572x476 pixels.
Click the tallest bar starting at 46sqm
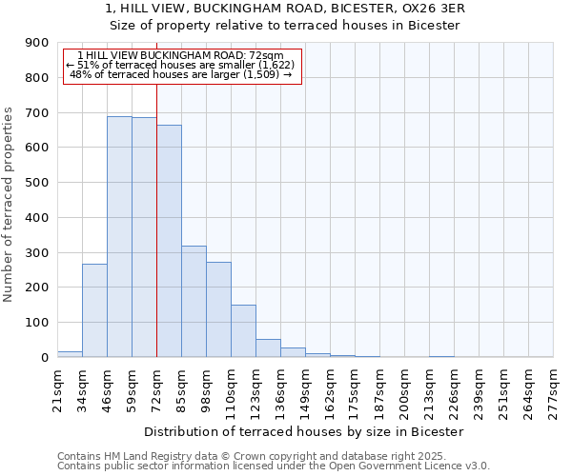(119, 237)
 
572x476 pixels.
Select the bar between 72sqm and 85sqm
(169, 241)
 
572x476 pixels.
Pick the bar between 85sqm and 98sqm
(194, 302)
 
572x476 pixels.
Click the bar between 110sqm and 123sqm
(243, 331)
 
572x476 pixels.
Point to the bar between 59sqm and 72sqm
(144, 237)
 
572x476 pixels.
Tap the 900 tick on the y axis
(37, 43)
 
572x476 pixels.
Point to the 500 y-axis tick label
(37, 183)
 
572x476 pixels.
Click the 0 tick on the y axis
(44, 357)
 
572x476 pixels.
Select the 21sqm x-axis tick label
(57, 389)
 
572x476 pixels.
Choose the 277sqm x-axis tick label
(553, 389)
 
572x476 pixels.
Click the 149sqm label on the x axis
(305, 389)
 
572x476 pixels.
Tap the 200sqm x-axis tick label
(404, 389)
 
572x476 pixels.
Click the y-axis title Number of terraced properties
(9, 205)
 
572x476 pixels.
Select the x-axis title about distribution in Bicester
(305, 431)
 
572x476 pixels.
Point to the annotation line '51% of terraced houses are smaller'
(181, 65)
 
